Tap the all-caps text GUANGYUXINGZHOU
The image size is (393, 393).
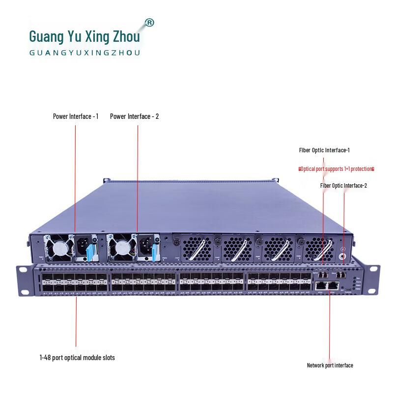84,53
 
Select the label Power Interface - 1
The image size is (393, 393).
76,116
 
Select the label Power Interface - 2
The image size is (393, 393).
134,116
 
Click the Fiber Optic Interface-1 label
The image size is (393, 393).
324,150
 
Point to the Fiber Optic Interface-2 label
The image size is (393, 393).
343,185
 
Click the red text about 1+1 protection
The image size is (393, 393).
337,168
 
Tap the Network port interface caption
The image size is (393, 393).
330,365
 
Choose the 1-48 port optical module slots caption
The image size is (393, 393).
77,358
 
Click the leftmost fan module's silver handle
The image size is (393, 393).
196,251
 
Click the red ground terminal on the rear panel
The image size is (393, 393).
343,256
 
